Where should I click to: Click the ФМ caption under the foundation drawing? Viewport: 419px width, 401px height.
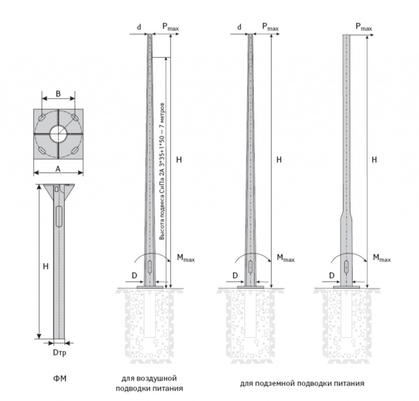(x=58, y=379)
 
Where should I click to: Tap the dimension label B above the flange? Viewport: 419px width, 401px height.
(x=58, y=93)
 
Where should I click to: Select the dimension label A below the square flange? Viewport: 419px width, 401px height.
(x=58, y=169)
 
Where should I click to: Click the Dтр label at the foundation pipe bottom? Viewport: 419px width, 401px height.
(x=58, y=353)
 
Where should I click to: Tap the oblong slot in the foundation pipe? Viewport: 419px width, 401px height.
(x=58, y=216)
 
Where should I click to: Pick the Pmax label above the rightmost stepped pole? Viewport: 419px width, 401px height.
(x=364, y=27)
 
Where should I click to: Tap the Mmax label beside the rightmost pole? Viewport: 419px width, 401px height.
(x=382, y=259)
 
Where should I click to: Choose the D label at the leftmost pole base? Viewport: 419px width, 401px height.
(x=134, y=275)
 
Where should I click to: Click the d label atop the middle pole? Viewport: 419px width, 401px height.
(x=239, y=27)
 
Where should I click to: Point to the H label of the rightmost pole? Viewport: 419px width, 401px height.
(x=374, y=160)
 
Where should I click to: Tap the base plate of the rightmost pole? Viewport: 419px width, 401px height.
(x=347, y=287)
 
